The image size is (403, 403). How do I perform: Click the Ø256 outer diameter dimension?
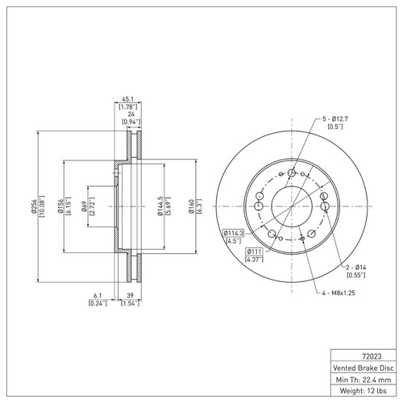coord(34,206)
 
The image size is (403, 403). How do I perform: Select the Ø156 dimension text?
coord(60,206)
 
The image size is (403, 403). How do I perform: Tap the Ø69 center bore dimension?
coord(84,206)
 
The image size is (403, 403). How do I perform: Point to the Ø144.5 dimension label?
coord(160,206)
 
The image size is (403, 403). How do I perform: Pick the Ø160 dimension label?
coord(191,206)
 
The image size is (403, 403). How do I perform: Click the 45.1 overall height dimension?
coord(128,99)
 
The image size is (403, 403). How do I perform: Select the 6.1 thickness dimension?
coord(98,296)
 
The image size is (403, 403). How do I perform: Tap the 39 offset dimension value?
coord(130,296)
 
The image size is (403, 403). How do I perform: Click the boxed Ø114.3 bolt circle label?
coord(233,233)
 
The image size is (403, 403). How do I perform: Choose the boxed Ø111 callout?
coord(254,251)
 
